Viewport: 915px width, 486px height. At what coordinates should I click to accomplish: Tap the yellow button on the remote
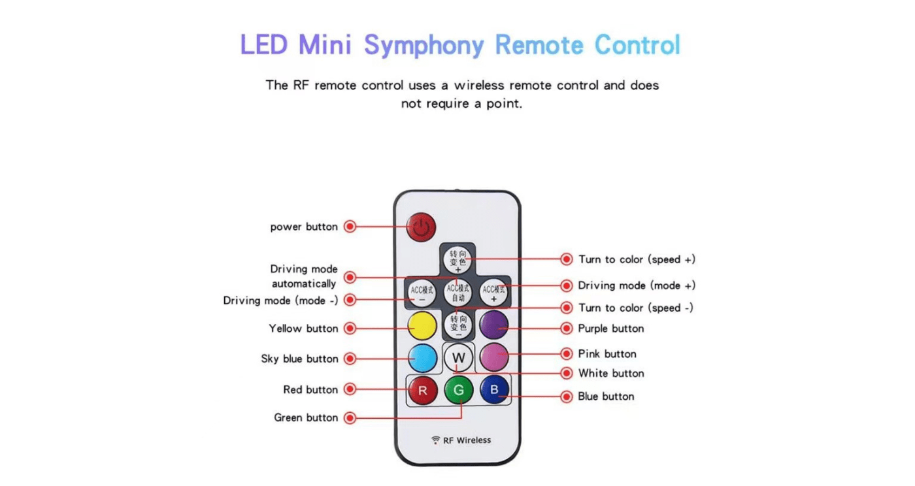[422, 324]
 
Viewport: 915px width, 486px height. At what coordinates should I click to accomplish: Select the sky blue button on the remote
[422, 357]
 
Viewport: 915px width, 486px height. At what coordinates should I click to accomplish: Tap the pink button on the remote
[493, 356]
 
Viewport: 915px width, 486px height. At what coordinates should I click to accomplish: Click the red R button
[422, 391]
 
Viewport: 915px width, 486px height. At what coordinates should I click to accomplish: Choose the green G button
[458, 391]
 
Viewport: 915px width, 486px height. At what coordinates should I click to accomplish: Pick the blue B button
[494, 391]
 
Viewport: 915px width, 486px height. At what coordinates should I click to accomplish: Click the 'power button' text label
[304, 227]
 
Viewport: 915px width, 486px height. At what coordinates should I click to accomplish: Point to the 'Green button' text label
[306, 417]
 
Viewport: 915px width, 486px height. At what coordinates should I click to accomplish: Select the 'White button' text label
[611, 373]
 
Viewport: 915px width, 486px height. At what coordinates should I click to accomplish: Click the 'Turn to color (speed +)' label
[637, 259]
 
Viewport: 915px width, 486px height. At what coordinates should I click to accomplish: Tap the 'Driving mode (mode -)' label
[280, 300]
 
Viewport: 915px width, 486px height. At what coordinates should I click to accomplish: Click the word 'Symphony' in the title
[424, 45]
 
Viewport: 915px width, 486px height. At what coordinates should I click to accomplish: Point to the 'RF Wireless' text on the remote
[467, 440]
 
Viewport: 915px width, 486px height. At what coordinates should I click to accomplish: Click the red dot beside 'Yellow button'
[350, 329]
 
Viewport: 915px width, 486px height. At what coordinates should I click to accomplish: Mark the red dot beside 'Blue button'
[567, 397]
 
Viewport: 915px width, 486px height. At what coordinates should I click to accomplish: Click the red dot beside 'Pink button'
[567, 354]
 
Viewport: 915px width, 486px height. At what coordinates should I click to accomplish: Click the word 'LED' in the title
[264, 45]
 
